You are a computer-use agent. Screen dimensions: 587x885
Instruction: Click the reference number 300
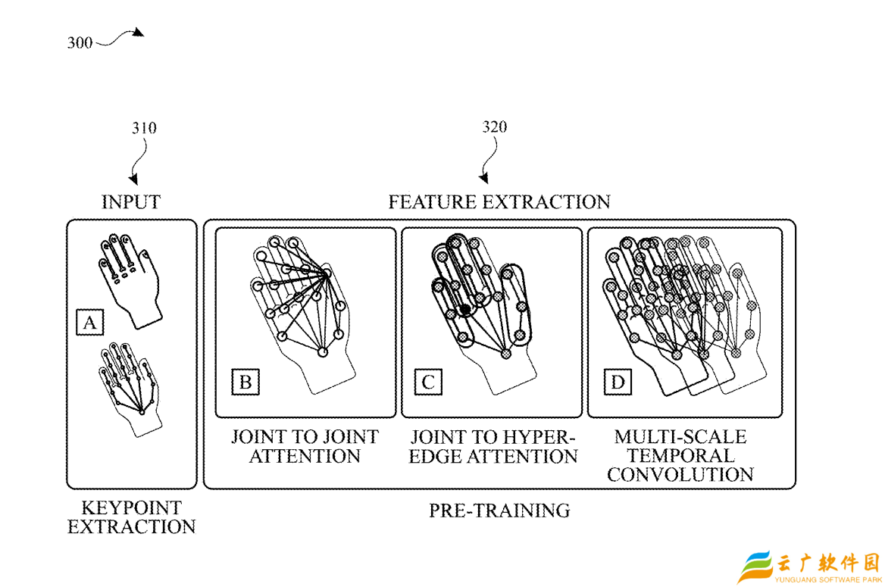pyautogui.click(x=80, y=43)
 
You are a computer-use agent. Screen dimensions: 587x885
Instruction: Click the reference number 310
pyautogui.click(x=144, y=128)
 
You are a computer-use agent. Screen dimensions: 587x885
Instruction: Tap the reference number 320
pyautogui.click(x=495, y=127)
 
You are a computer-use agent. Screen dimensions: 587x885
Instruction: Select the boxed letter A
pyautogui.click(x=89, y=323)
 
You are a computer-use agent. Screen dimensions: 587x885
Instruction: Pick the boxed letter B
pyautogui.click(x=245, y=382)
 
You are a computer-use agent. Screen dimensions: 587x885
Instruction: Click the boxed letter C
pyautogui.click(x=428, y=382)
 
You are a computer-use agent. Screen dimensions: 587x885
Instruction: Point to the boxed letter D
pyautogui.click(x=618, y=382)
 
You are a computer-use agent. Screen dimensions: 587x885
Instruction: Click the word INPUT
pyautogui.click(x=131, y=202)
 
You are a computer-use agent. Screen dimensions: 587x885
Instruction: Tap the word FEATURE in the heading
pyautogui.click(x=433, y=202)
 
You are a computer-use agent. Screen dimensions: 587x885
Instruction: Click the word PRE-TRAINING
pyautogui.click(x=499, y=511)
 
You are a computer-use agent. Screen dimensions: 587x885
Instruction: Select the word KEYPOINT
pyautogui.click(x=131, y=507)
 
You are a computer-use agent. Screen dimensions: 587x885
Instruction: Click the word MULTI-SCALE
pyautogui.click(x=680, y=437)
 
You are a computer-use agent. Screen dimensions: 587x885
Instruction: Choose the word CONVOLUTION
pyautogui.click(x=680, y=475)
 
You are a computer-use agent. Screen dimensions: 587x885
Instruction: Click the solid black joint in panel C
pyautogui.click(x=464, y=310)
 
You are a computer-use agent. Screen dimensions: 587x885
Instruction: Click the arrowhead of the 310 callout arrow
pyautogui.click(x=133, y=180)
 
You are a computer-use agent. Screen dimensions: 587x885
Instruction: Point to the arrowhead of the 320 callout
pyautogui.click(x=484, y=180)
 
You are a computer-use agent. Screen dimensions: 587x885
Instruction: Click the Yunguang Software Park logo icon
pyautogui.click(x=755, y=568)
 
